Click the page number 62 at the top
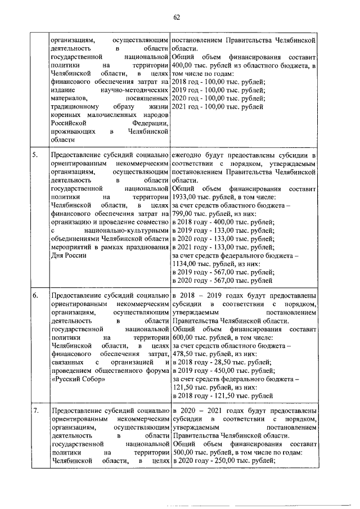click(x=176, y=17)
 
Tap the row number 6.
click(x=35, y=296)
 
